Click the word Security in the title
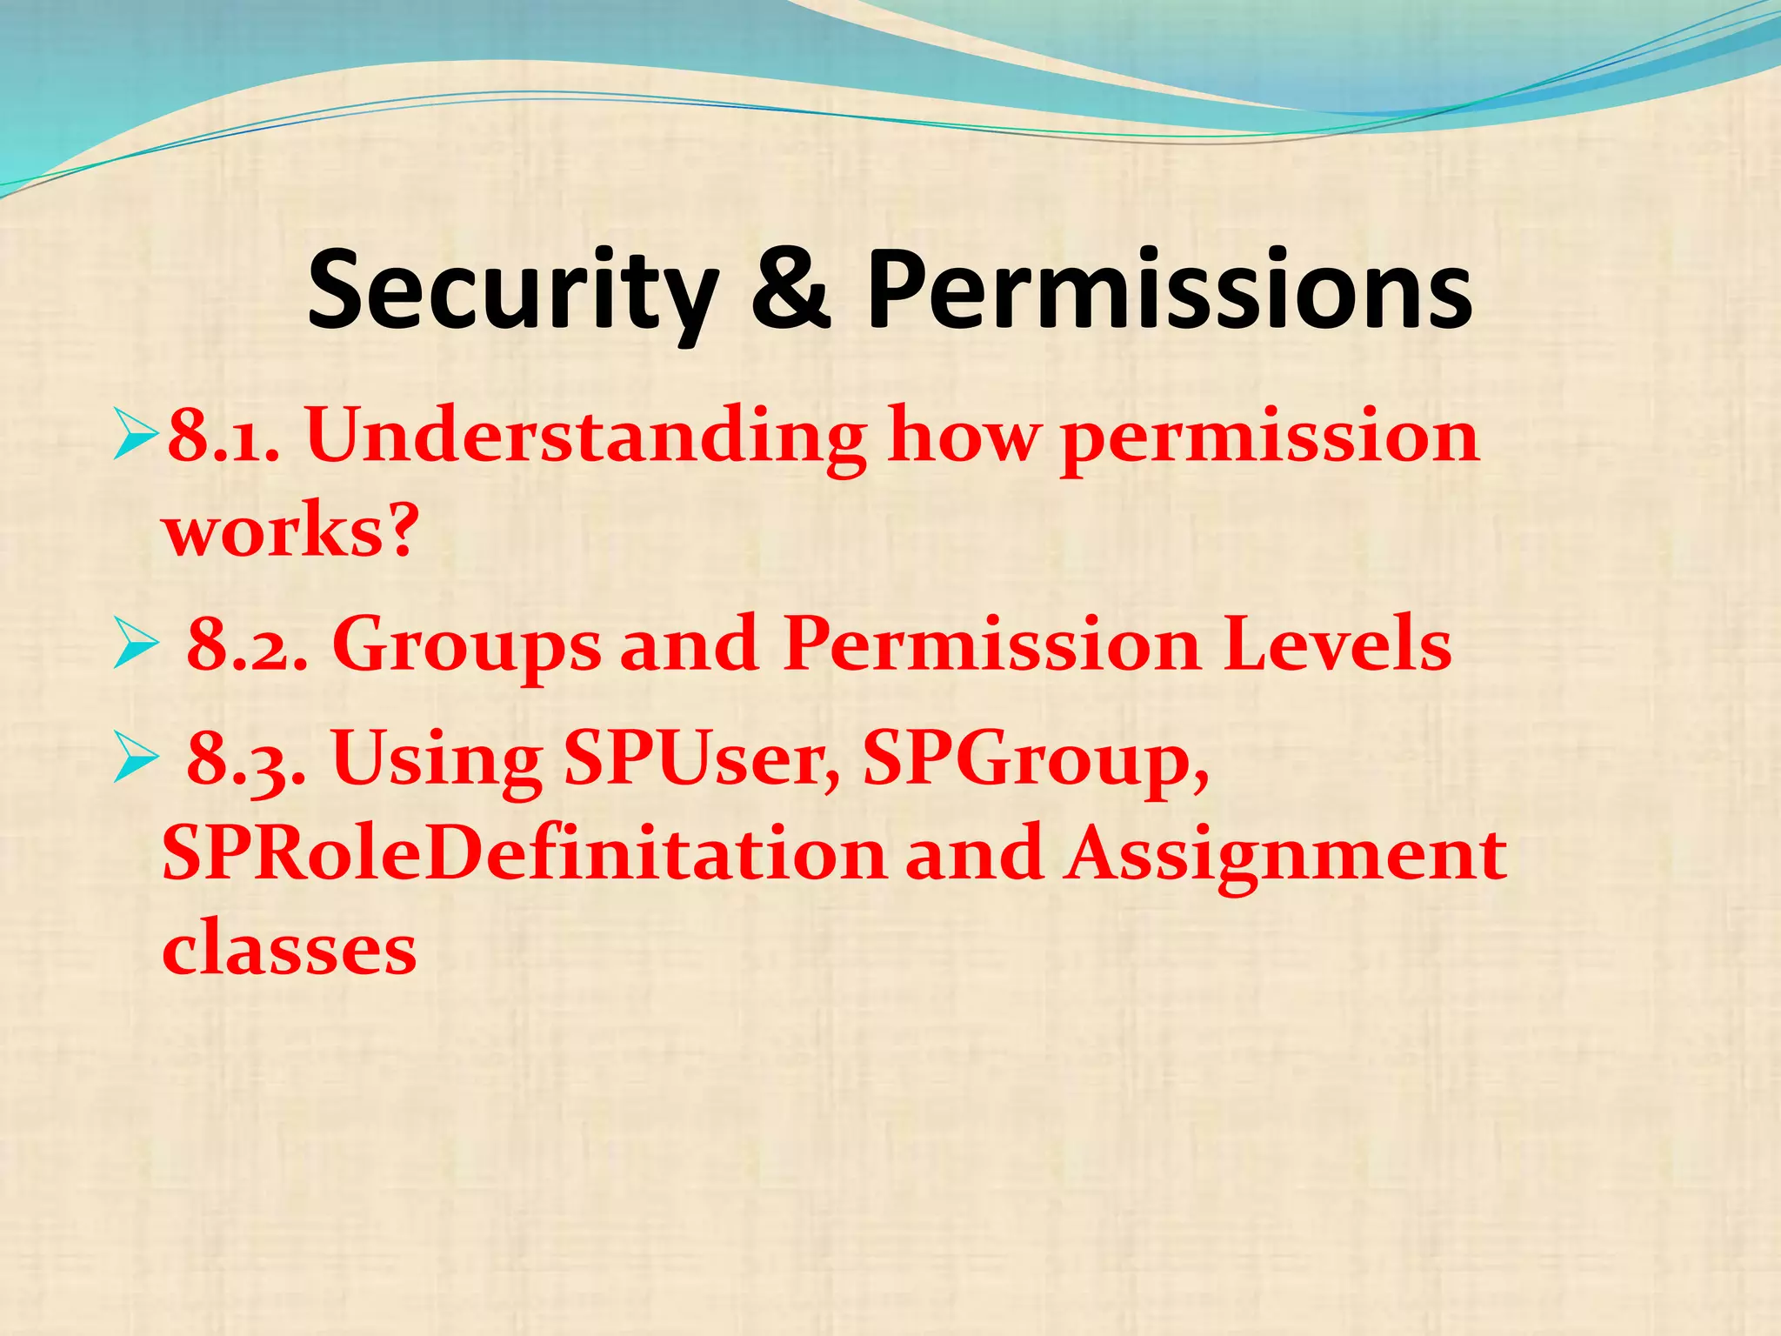click(513, 291)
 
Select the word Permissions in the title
click(1169, 291)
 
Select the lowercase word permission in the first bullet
click(1270, 439)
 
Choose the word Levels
click(1337, 645)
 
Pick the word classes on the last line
click(290, 949)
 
